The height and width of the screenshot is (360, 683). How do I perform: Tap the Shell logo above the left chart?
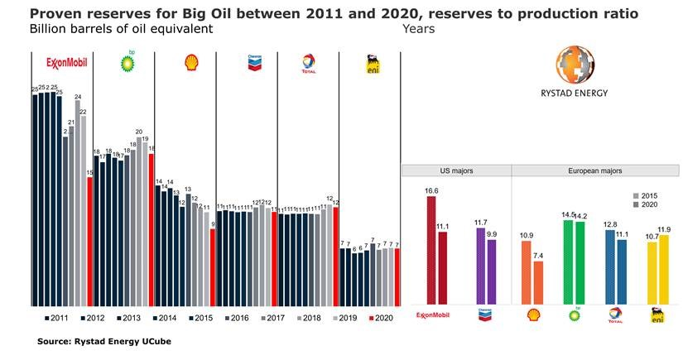pyautogui.click(x=190, y=63)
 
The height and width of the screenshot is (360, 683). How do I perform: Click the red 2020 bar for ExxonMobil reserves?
pyautogui.click(x=89, y=241)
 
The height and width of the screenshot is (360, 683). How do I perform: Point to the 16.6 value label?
pyautogui.click(x=430, y=190)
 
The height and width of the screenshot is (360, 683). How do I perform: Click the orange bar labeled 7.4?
pyautogui.click(x=537, y=282)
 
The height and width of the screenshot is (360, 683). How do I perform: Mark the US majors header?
pyautogui.click(x=455, y=170)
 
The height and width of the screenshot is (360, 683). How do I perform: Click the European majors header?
pyautogui.click(x=595, y=170)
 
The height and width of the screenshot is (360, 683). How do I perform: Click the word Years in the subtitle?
pyautogui.click(x=418, y=28)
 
